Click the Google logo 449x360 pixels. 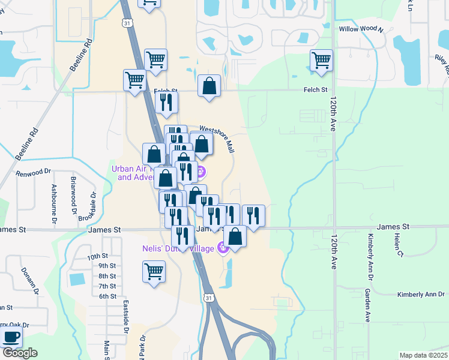click(x=20, y=353)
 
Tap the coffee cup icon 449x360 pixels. click(x=12, y=337)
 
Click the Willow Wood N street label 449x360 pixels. click(x=361, y=29)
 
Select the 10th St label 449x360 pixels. click(x=95, y=256)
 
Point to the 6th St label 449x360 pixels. click(x=107, y=296)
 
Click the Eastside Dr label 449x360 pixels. click(x=127, y=317)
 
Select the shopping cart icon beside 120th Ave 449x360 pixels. click(x=321, y=60)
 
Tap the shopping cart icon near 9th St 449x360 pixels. click(x=154, y=271)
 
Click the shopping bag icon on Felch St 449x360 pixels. click(x=209, y=86)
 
